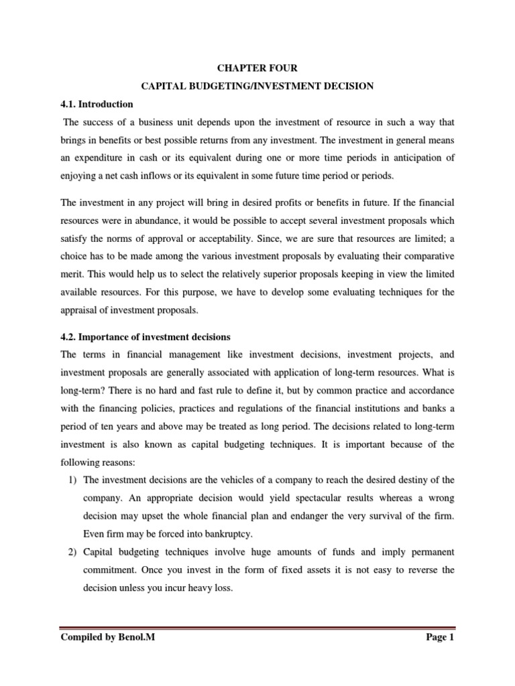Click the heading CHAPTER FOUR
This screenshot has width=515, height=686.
tap(257, 68)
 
